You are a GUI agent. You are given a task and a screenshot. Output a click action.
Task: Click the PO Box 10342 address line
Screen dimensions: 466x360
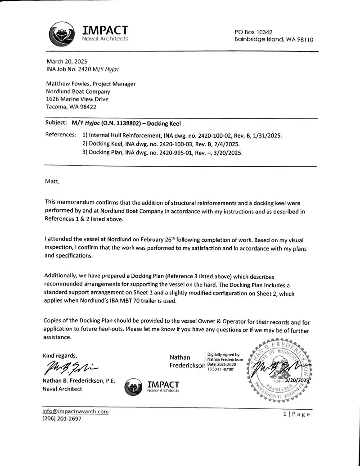[x=253, y=32]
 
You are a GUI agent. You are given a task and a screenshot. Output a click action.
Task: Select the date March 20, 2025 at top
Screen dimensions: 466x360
[x=67, y=62]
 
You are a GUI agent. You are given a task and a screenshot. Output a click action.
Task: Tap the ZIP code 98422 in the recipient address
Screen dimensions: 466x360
[x=88, y=107]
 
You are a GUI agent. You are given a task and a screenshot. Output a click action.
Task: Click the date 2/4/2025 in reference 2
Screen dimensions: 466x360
[x=226, y=144]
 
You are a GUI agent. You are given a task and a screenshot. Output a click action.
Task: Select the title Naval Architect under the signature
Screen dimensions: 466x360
[x=63, y=389]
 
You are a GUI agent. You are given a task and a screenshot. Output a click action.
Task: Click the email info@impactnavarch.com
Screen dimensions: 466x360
[x=76, y=412]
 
